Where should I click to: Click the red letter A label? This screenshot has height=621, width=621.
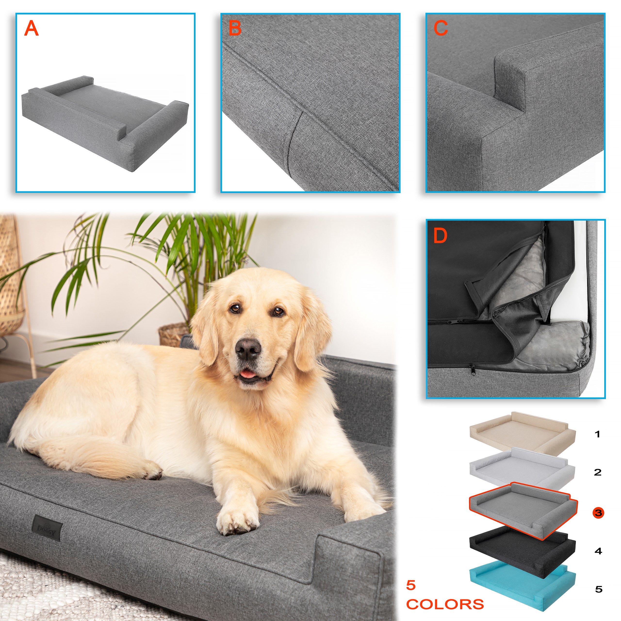tap(32, 28)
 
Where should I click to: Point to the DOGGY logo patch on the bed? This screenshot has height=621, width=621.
tap(47, 528)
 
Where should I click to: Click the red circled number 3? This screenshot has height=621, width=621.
tap(598, 512)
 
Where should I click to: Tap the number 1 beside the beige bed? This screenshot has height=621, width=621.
tap(597, 434)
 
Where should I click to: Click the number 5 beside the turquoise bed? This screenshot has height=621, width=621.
tap(598, 589)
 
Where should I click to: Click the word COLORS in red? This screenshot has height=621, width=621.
tap(445, 604)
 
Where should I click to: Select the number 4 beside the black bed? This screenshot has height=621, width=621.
tap(598, 551)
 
